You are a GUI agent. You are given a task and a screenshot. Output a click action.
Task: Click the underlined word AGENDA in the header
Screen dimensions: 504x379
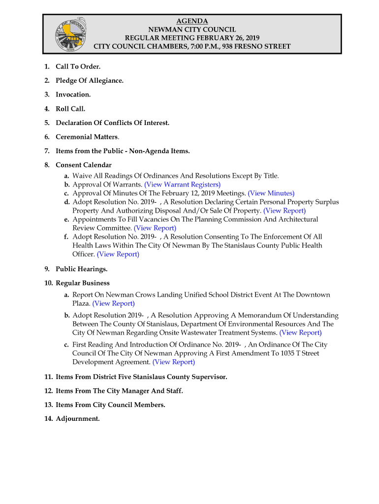click(192, 21)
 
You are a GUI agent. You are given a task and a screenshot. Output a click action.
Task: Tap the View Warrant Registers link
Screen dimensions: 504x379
click(182, 185)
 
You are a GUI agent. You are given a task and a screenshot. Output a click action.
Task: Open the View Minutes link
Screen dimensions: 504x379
click(271, 193)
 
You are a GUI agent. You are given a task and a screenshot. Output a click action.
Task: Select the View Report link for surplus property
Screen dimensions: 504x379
click(284, 211)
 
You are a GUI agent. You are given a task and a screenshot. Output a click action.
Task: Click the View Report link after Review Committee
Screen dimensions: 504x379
click(155, 228)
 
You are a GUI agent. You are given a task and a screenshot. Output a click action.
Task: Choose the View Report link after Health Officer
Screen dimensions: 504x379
click(118, 254)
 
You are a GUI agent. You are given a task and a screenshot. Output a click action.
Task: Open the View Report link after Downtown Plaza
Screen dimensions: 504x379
click(113, 303)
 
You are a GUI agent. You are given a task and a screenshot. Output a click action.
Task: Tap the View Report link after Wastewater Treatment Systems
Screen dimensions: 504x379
click(300, 333)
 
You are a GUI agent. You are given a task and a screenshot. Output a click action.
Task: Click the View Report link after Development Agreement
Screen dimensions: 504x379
click(173, 362)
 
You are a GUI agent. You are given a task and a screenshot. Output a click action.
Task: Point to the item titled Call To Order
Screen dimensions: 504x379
click(78, 66)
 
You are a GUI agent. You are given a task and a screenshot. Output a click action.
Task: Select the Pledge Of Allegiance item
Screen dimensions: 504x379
click(89, 80)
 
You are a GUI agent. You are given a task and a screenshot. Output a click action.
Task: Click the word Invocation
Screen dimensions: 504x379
click(72, 94)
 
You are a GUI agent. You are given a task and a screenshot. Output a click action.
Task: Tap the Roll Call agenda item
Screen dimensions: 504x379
click(70, 109)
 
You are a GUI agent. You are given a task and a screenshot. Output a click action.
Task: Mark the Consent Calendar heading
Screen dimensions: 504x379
click(83, 165)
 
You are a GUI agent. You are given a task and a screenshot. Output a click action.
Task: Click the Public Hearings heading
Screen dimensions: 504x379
click(81, 269)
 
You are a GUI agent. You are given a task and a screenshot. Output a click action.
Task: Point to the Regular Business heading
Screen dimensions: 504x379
click(82, 283)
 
